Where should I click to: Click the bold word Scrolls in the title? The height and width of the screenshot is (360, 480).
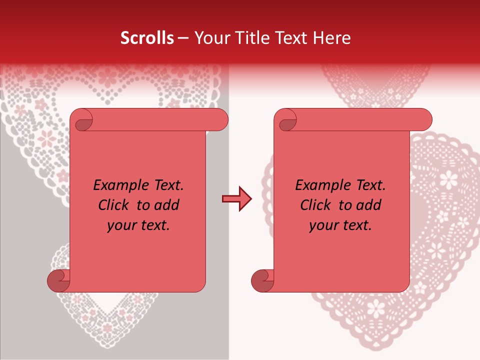[x=147, y=38]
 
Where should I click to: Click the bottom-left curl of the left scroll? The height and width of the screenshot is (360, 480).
[x=58, y=280]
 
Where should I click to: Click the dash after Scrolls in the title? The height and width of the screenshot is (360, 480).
[x=183, y=38]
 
